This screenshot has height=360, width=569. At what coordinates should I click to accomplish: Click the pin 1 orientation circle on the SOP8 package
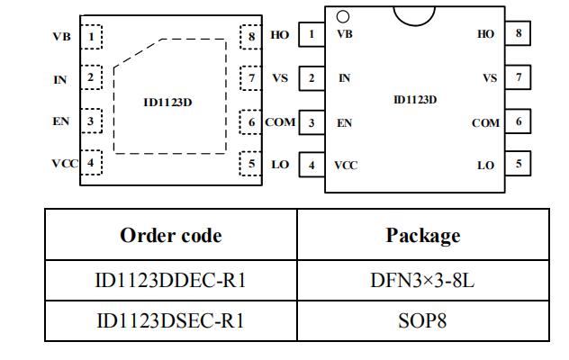[343, 16]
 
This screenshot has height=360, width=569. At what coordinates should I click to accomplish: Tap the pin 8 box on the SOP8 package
[518, 34]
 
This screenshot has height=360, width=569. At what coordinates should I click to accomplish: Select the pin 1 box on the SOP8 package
[312, 34]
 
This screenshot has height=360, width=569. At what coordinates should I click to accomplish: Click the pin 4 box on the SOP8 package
[312, 165]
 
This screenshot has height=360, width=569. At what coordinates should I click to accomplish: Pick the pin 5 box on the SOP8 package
[518, 164]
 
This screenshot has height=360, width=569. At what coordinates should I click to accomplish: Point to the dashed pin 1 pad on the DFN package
[91, 37]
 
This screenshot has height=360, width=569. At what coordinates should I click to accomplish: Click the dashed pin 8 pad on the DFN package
[251, 37]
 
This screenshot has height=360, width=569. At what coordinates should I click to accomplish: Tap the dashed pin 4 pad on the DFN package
[91, 163]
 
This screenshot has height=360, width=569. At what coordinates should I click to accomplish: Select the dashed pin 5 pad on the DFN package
[251, 163]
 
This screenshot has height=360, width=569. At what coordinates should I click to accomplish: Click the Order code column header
[170, 236]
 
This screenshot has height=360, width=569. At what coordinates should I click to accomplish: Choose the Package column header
[422, 236]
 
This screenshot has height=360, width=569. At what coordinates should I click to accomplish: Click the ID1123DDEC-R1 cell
[170, 281]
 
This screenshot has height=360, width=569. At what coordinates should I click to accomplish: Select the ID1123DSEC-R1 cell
[170, 320]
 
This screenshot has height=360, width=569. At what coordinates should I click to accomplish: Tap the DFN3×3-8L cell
[422, 281]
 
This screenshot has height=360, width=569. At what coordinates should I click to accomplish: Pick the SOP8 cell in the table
[422, 320]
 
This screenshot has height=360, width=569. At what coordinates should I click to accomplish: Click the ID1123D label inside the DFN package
[167, 102]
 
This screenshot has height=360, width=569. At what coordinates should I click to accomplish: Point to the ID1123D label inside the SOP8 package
[415, 99]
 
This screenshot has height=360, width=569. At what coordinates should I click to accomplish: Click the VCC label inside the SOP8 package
[346, 166]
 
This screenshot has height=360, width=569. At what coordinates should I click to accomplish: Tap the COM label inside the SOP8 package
[485, 123]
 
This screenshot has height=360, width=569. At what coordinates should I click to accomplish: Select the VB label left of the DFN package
[61, 37]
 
